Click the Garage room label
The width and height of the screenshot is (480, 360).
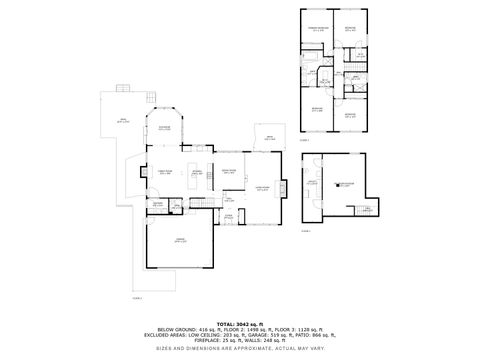point(180,241)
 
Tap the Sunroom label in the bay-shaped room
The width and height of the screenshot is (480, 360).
point(164,128)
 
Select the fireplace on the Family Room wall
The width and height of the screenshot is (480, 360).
point(145,172)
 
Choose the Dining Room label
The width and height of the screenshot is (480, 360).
point(229,171)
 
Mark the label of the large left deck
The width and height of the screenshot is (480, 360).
point(126,121)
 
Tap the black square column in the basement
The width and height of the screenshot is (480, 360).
point(337,184)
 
